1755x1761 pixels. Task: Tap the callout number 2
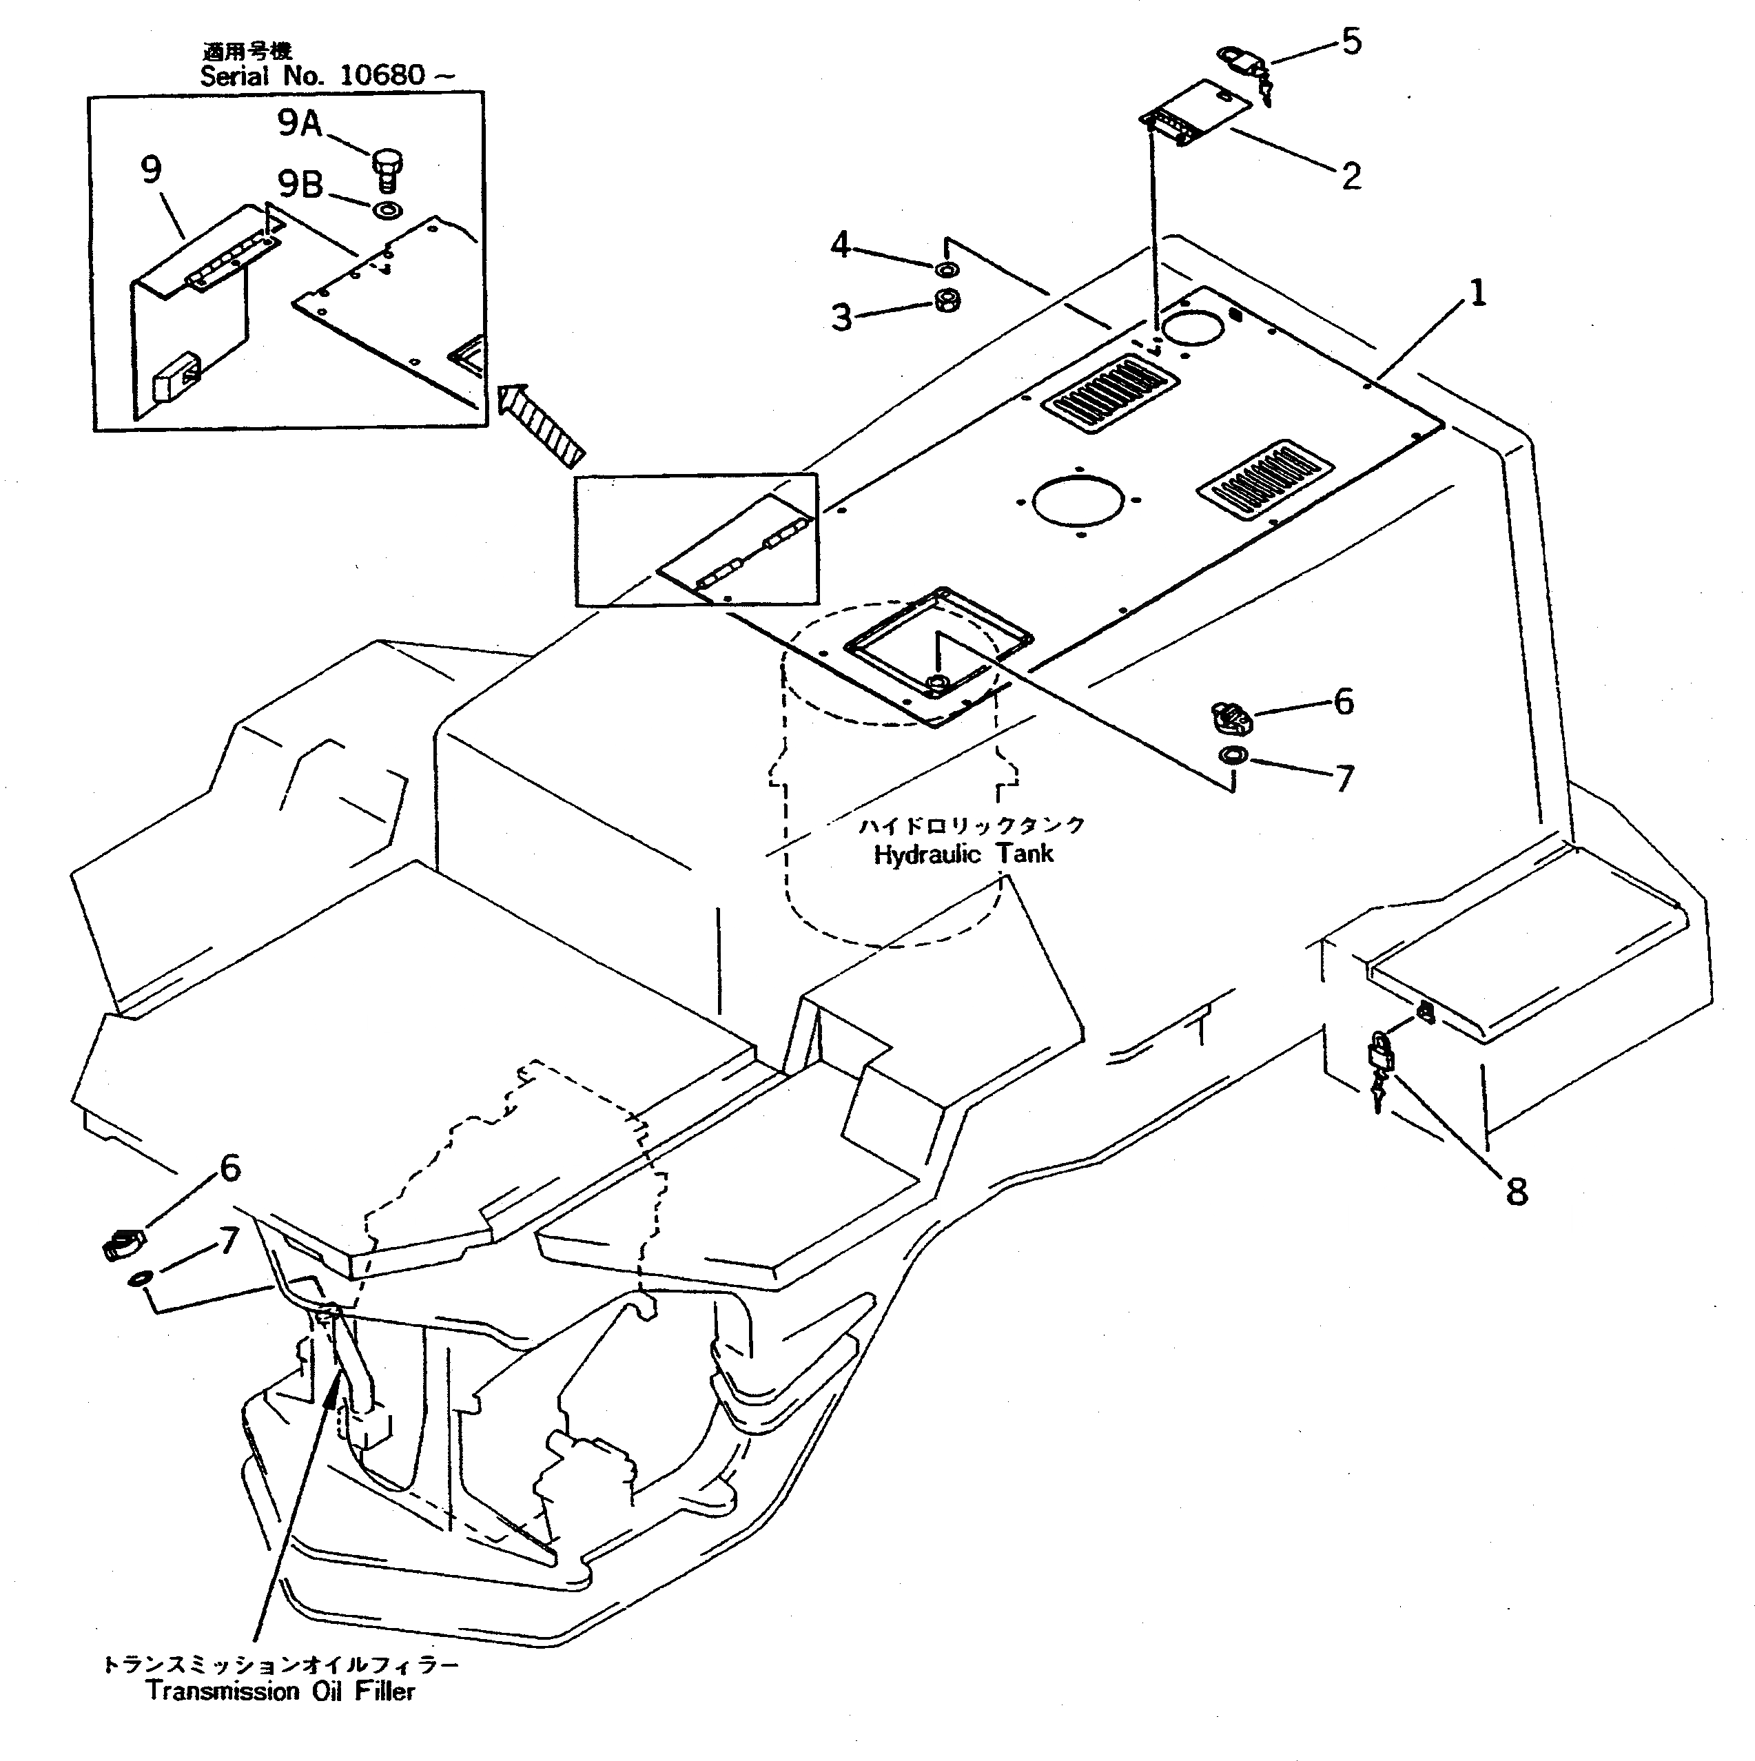[x=1351, y=176]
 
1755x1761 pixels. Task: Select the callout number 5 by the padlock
[x=1351, y=42]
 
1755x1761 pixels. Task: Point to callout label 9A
[x=300, y=123]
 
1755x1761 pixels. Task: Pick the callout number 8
[x=1516, y=1191]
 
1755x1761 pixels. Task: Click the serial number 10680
[x=381, y=76]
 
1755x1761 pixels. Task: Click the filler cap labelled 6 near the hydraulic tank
[x=1232, y=717]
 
